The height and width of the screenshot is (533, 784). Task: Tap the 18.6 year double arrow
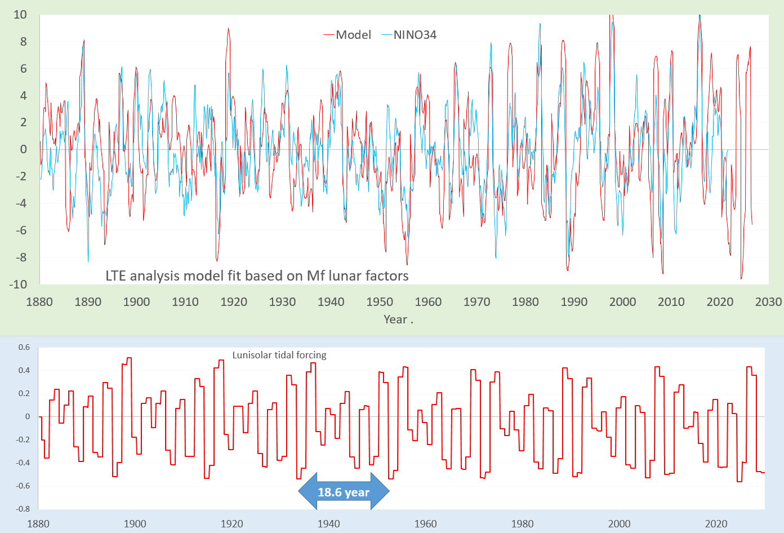click(x=344, y=492)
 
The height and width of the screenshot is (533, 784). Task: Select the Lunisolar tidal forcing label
click(x=279, y=355)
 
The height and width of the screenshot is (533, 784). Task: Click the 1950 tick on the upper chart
click(x=380, y=302)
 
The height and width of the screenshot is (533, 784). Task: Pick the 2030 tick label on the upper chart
click(x=768, y=302)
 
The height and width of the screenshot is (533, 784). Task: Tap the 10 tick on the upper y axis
click(x=20, y=15)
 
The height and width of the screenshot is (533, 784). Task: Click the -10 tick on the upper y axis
click(x=18, y=285)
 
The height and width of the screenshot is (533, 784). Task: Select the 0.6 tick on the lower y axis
click(x=24, y=347)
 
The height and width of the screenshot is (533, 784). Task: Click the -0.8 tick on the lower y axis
click(x=23, y=509)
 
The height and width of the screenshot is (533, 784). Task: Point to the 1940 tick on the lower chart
click(x=328, y=524)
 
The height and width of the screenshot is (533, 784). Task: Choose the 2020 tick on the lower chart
click(x=716, y=524)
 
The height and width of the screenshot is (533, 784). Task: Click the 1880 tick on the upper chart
click(x=39, y=302)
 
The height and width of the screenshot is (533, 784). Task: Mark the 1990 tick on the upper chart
click(x=574, y=302)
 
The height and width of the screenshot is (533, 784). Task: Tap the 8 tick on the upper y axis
click(x=23, y=42)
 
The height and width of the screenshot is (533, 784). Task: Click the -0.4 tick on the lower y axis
click(x=23, y=463)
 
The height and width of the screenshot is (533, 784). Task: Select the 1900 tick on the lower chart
click(x=135, y=524)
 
